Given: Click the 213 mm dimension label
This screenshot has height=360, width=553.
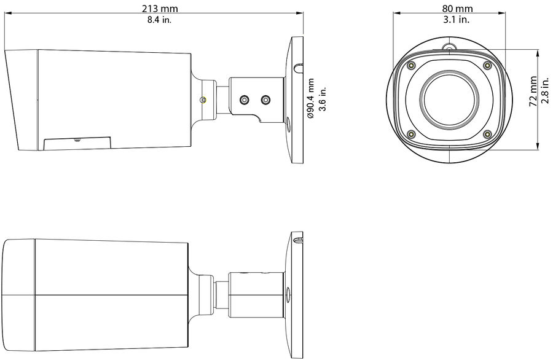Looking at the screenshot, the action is tap(160, 9).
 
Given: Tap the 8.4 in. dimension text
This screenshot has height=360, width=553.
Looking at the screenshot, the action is tap(159, 20).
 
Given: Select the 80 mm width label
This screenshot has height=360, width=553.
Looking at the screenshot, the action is tap(457, 9).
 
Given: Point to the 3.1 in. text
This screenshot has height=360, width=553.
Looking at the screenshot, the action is tap(457, 20).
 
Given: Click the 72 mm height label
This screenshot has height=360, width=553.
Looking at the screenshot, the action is tap(533, 92).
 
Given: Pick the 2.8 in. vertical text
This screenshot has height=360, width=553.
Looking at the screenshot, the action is tap(545, 91).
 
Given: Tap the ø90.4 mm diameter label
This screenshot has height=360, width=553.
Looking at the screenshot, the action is tap(310, 98).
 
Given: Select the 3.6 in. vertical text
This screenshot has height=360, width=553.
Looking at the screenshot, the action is tap(323, 98).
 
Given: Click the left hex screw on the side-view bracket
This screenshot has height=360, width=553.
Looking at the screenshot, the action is tap(244, 100).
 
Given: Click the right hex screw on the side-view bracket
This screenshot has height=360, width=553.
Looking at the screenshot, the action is tap(265, 100).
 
